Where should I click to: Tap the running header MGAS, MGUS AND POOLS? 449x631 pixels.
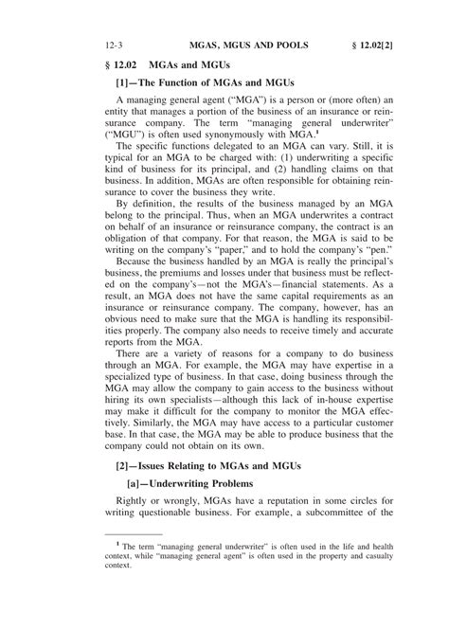click(246, 45)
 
